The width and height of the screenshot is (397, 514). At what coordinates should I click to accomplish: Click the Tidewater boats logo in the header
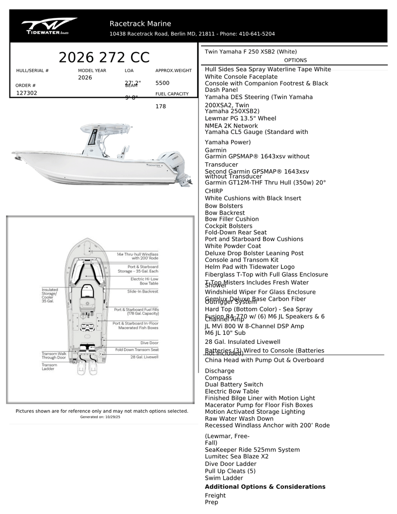pyautogui.click(x=49, y=26)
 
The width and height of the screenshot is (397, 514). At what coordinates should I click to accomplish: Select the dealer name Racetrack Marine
pyautogui.click(x=140, y=24)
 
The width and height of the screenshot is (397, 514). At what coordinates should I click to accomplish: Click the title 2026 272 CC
pyautogui.click(x=104, y=58)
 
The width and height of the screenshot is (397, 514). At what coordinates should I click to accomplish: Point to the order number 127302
pyautogui.click(x=27, y=93)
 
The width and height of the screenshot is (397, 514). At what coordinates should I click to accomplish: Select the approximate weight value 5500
pyautogui.click(x=162, y=83)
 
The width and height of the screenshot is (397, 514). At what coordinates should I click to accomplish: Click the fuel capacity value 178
pyautogui.click(x=160, y=106)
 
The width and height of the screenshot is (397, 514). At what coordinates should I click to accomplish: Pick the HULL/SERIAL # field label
pyautogui.click(x=32, y=70)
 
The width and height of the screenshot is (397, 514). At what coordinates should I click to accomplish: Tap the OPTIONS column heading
pyautogui.click(x=295, y=61)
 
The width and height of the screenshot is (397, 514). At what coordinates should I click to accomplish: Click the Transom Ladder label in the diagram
pyautogui.click(x=49, y=367)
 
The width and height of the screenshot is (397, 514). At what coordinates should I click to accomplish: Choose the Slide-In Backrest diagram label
pyautogui.click(x=143, y=292)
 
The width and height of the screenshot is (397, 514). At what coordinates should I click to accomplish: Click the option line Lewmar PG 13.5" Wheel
pyautogui.click(x=240, y=119)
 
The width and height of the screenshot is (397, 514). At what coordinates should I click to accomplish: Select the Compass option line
pyautogui.click(x=218, y=378)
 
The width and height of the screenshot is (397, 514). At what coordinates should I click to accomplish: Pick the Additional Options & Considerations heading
pyautogui.click(x=265, y=487)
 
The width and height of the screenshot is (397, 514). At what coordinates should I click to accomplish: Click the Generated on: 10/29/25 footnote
pyautogui.click(x=100, y=417)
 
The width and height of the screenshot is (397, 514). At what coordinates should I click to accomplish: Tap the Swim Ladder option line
pyautogui.click(x=224, y=478)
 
